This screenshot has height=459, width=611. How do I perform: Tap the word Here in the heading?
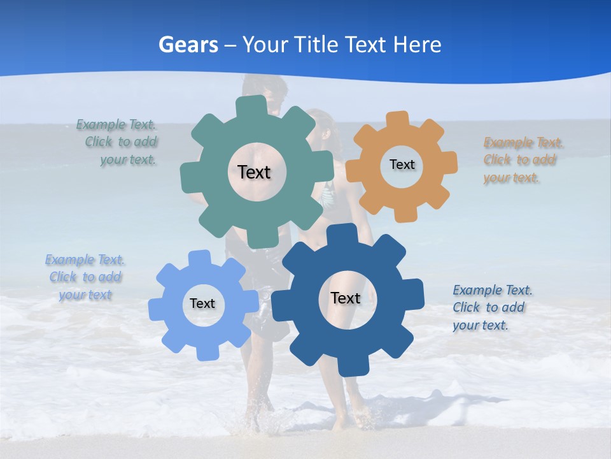(417, 45)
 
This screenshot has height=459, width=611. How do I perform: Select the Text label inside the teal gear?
(254, 172)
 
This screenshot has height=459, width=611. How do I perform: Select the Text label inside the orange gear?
(402, 164)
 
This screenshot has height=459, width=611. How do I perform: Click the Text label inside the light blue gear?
(202, 303)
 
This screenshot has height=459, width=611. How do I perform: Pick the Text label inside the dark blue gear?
(346, 298)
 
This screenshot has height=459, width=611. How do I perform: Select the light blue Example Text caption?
(85, 277)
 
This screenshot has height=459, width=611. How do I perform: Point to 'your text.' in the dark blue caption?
(481, 326)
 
